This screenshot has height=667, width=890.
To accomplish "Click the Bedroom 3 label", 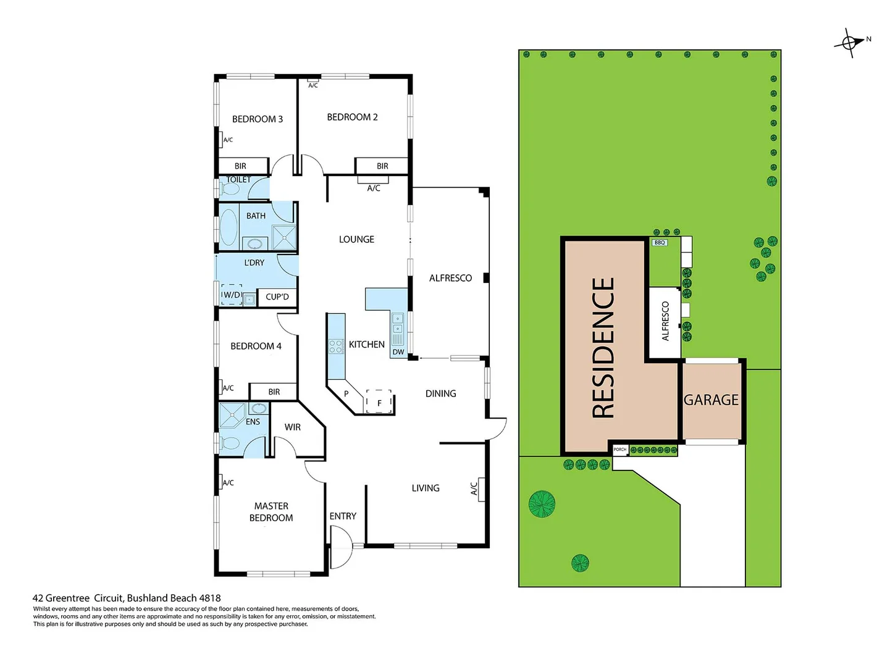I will (257, 119).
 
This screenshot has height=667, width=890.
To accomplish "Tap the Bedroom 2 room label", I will (352, 117).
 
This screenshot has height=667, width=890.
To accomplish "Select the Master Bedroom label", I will (271, 512).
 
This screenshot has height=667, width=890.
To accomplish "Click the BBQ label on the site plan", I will (660, 243).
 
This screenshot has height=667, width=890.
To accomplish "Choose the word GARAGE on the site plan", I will (711, 400).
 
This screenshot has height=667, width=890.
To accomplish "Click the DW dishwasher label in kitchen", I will (398, 352).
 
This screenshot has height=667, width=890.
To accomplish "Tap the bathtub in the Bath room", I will (229, 227).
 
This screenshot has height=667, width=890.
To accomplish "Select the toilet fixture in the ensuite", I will (230, 443).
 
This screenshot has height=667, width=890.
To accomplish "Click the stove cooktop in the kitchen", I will (335, 346).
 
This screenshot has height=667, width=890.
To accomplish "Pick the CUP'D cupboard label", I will (277, 297).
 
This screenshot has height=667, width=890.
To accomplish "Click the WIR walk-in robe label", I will (293, 427).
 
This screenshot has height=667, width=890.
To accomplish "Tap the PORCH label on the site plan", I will (620, 450).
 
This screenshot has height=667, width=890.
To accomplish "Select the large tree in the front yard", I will (542, 504).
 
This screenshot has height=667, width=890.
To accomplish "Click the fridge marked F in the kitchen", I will (379, 403).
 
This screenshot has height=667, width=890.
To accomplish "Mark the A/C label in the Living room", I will (474, 489).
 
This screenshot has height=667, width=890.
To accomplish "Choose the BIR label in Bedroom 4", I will (274, 392).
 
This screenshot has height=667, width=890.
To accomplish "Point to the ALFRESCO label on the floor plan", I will (450, 279).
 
